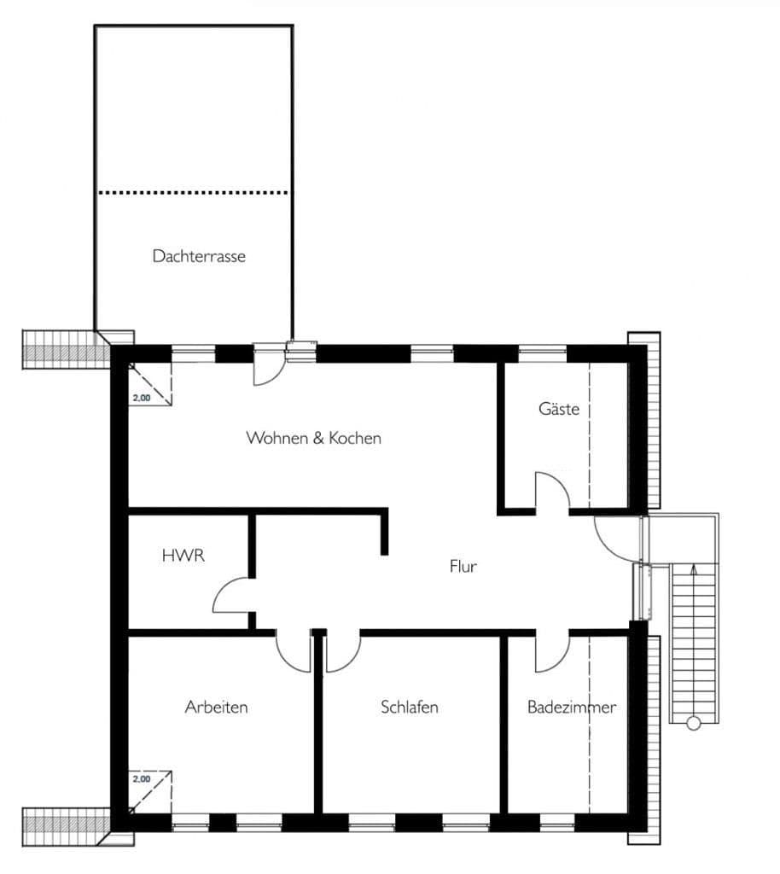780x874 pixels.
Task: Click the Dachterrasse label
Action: [199, 256]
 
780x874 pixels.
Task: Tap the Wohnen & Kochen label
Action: [313, 438]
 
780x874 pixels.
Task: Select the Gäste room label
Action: [559, 409]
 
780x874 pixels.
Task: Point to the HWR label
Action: [183, 556]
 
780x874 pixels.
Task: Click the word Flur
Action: [463, 566]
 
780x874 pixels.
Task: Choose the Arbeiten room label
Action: [217, 707]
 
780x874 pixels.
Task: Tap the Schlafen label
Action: [410, 707]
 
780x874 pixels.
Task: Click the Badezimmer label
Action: [571, 707]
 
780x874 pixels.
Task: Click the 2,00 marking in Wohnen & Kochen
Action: [142, 398]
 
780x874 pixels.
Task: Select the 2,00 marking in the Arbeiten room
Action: [142, 778]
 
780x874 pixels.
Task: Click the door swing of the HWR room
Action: [231, 594]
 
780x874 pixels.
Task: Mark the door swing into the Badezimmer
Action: [552, 653]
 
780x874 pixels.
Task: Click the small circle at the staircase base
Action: [693, 724]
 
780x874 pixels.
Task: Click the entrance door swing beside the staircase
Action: [614, 536]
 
